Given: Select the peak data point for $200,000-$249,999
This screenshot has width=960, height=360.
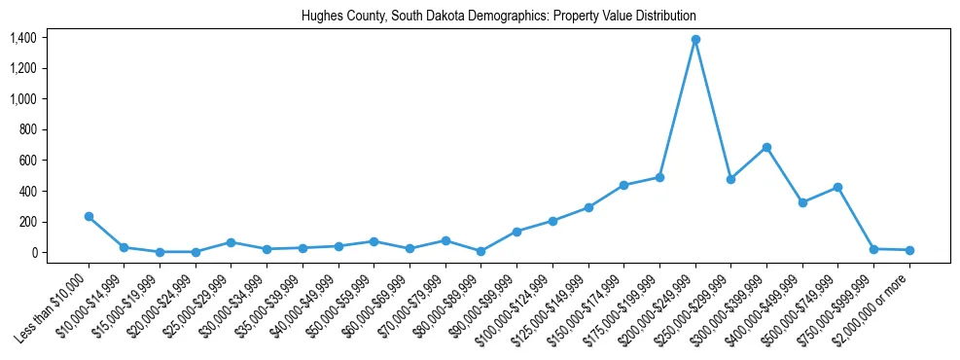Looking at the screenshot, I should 695,40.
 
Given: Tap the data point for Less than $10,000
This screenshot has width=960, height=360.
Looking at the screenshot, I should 89,216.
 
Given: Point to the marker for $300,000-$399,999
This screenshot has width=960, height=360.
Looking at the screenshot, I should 766,147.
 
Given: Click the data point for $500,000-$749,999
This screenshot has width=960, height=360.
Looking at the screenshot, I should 837,187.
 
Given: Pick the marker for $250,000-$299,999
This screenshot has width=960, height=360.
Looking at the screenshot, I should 730,179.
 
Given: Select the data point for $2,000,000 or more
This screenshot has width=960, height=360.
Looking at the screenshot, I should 909,250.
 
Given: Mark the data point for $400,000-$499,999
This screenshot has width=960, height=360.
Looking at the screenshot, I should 802,202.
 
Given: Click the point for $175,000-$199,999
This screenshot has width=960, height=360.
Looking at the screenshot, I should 659,177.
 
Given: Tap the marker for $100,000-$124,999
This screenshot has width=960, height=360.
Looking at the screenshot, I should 552,221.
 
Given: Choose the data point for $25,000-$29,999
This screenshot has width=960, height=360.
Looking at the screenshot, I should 231,242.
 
